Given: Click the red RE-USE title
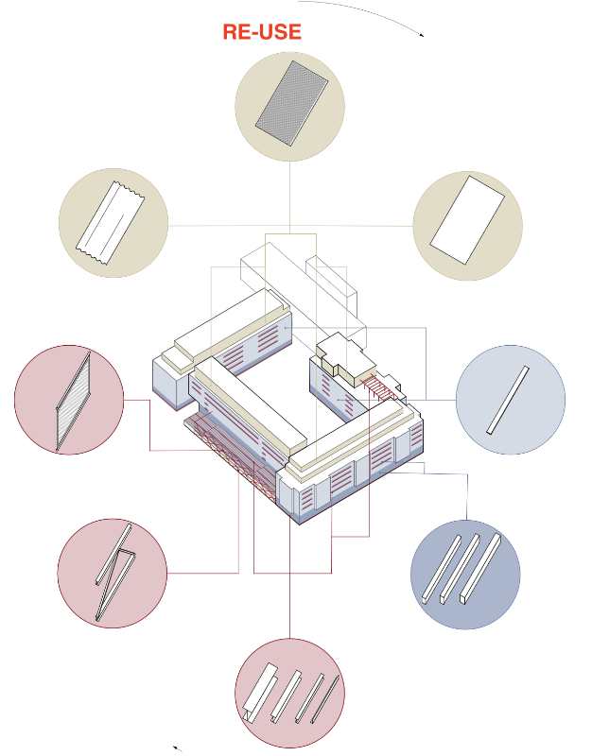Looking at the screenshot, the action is click(262, 32).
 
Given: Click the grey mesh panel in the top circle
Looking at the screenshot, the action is click(291, 102).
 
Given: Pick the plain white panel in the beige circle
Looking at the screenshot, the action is click(467, 220).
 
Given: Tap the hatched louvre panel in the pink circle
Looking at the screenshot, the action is click(74, 401).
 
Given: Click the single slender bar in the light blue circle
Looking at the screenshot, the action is click(508, 400).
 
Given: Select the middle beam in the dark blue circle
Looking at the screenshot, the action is click(461, 569).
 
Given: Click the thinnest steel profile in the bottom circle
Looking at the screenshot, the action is click(324, 698).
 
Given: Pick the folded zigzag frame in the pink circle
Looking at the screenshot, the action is click(115, 572).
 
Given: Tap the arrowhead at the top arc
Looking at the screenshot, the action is click(422, 35).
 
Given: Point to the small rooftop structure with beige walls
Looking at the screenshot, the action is click(346, 359).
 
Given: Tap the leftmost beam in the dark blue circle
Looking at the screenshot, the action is click(442, 569).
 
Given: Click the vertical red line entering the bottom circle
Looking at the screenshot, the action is click(290, 578).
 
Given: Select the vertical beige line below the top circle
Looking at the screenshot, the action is click(290, 198).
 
